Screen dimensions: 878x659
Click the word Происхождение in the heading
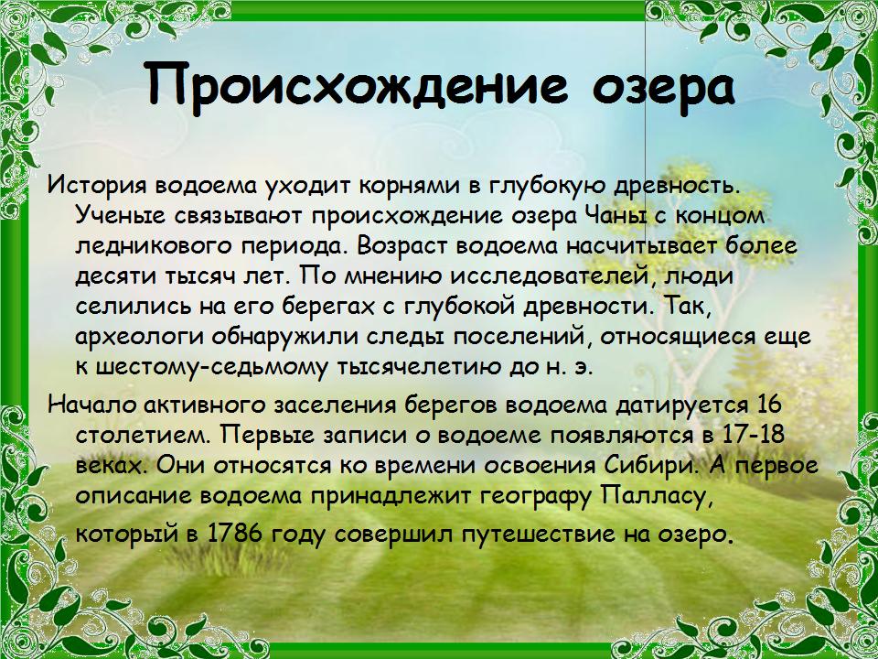[356, 84]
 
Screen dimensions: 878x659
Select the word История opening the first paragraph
[95, 186]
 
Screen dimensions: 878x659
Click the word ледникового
[153, 246]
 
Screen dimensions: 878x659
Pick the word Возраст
[403, 246]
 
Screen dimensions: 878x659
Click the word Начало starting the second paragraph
[92, 405]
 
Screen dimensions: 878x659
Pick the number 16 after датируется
[768, 405]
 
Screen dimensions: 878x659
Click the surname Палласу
[658, 496]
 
